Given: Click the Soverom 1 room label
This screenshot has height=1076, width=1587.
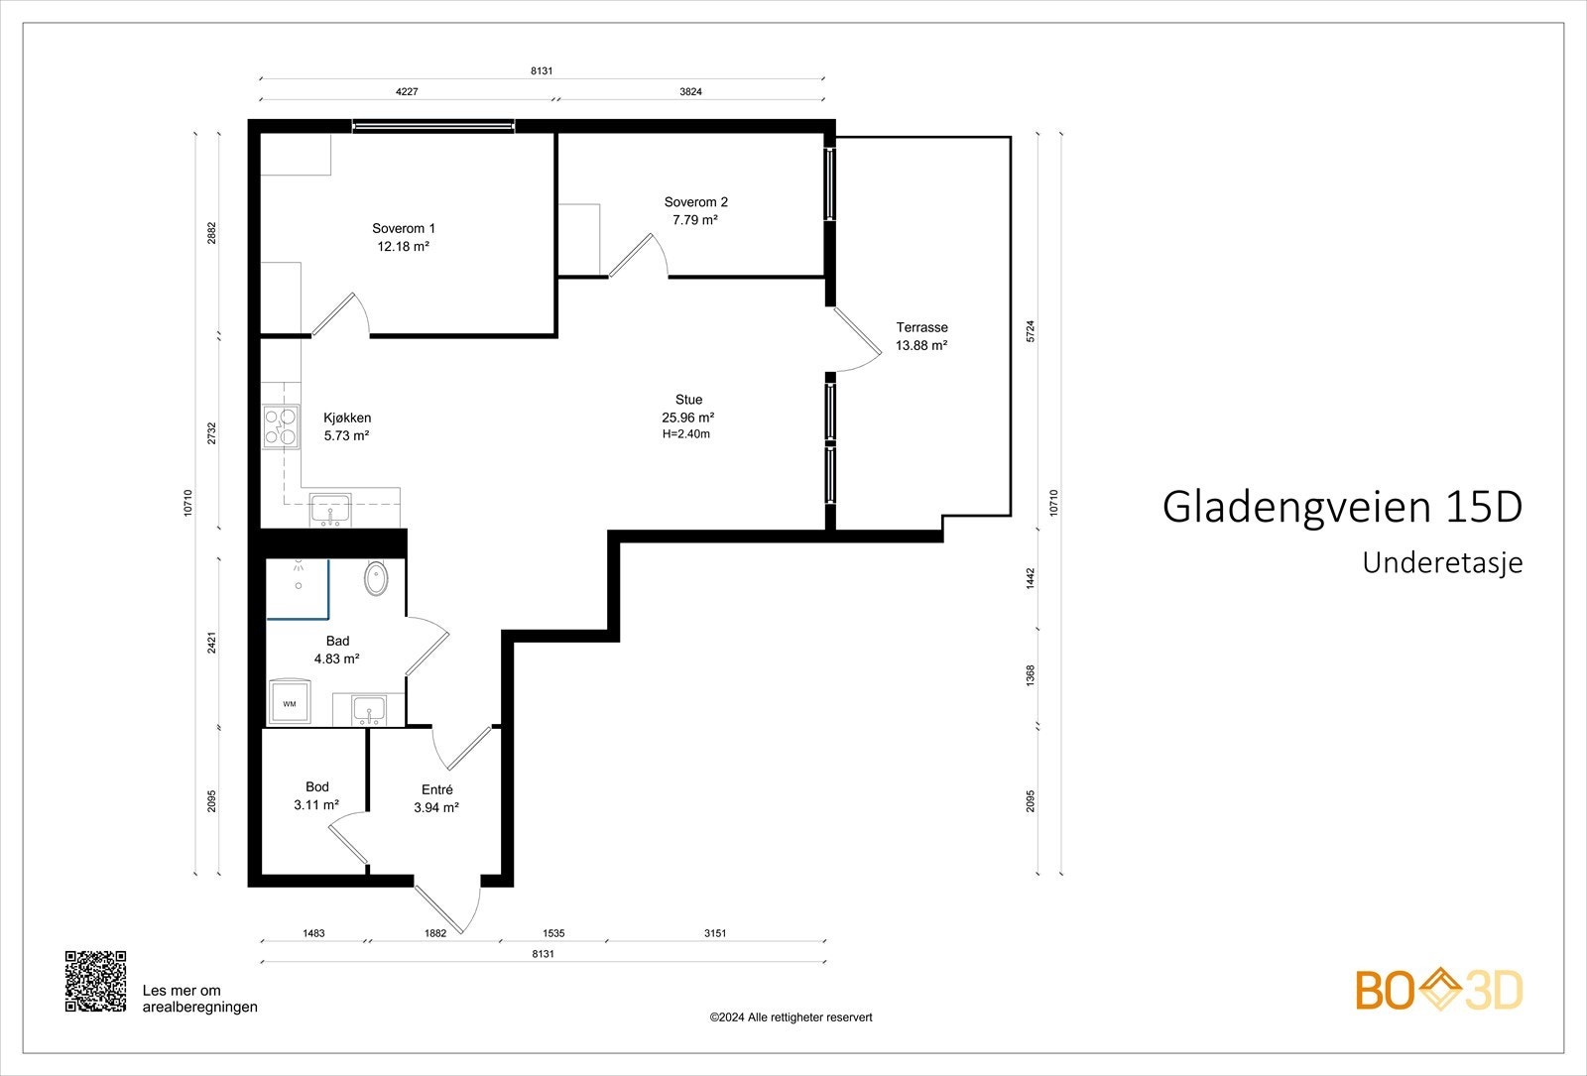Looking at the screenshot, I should tap(403, 228).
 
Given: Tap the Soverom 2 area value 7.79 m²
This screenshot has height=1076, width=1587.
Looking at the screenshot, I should tap(694, 220).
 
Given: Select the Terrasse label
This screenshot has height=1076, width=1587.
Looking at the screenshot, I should tap(921, 327).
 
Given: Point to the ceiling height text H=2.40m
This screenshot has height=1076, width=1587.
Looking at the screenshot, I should tap(686, 434).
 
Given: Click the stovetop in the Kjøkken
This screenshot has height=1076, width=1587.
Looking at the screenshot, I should tap(281, 426).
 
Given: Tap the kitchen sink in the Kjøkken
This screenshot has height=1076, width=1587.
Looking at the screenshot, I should tap(329, 510).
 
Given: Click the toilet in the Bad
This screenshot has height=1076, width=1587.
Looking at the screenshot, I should tap(377, 578).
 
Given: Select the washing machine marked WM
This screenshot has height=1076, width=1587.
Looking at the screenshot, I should tap(290, 702).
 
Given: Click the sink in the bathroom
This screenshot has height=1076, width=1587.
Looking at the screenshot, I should tap(370, 709).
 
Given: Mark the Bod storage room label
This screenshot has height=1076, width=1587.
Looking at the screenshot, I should tap(316, 787).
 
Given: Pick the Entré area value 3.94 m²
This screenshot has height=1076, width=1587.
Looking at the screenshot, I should tap(436, 807).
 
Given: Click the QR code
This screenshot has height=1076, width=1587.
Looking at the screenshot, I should tap(96, 981).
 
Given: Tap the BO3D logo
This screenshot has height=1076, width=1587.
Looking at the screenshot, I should tap(1439, 990).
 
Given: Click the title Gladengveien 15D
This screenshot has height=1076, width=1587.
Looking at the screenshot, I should tap(1341, 507).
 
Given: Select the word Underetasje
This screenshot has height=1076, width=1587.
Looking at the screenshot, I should tap(1441, 562).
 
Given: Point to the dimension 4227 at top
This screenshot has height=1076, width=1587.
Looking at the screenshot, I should tap(407, 91).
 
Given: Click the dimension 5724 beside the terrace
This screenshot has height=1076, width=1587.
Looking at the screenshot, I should tap(1031, 331).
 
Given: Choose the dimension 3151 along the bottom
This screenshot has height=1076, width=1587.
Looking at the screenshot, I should tap(715, 933).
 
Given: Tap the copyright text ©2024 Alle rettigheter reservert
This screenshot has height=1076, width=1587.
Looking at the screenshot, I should tap(791, 1017).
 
